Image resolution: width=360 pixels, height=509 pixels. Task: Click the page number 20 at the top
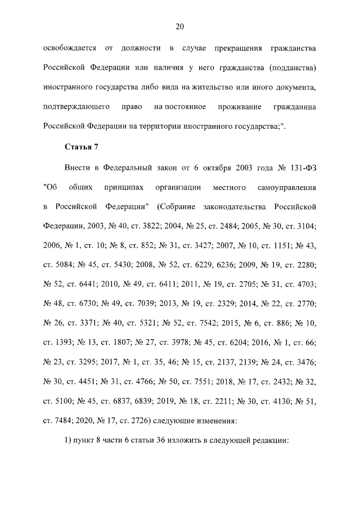(x=180, y=26)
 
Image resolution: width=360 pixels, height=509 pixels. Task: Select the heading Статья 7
(x=82, y=147)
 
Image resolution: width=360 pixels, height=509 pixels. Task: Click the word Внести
(x=76, y=166)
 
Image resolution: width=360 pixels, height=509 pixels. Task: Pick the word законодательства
(x=243, y=205)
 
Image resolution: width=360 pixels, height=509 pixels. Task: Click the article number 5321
(x=143, y=321)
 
